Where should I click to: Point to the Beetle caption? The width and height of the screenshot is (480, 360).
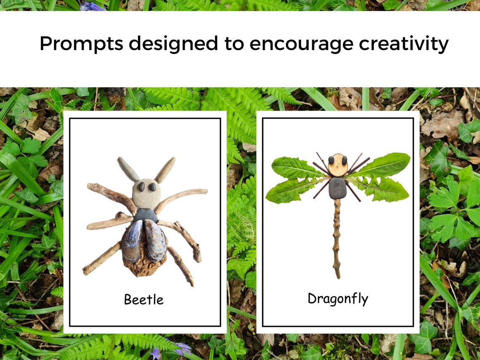point(144,299)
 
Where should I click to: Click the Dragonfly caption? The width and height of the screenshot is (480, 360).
point(338,299)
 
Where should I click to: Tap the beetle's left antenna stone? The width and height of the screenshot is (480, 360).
point(128,169)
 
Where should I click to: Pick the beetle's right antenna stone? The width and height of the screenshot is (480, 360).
point(165,170)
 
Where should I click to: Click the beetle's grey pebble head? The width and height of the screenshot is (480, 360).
point(147,193)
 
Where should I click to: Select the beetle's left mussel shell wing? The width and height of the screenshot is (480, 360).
point(132,240)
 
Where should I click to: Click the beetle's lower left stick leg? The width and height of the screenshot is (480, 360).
point(101,258)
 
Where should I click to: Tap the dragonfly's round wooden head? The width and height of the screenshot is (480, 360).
point(338,165)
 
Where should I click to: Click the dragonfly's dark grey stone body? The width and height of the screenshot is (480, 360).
point(337,188)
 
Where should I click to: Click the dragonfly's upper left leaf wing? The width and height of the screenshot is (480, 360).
point(295,167)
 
